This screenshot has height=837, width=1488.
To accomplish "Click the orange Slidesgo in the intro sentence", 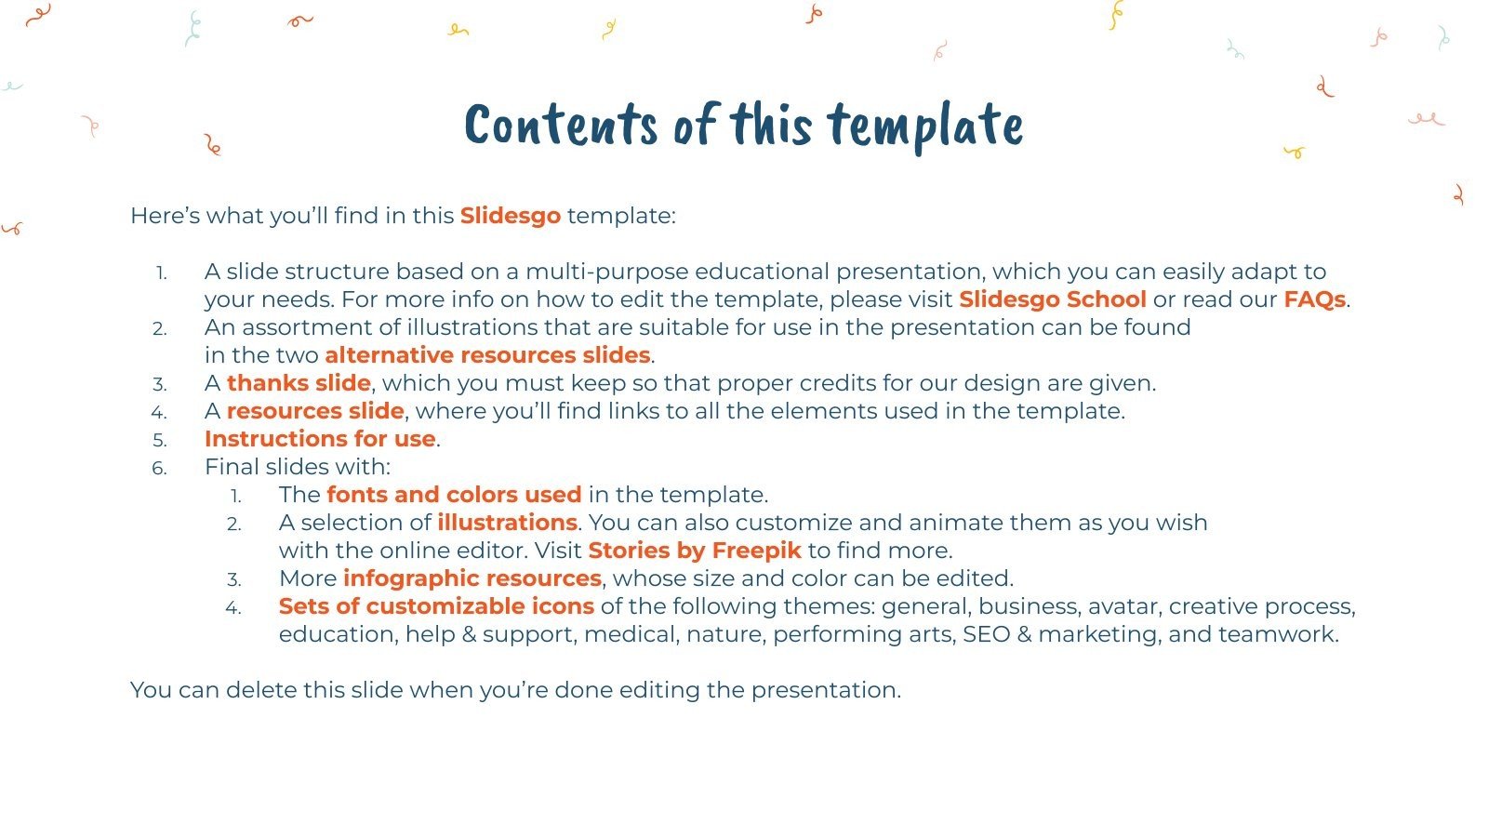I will (510, 216).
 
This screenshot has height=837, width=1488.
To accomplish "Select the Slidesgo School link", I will (1052, 299).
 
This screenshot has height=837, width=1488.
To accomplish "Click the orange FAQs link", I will (1314, 299).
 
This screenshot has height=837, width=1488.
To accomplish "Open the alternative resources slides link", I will (487, 355).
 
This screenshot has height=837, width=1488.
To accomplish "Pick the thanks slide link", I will (299, 383).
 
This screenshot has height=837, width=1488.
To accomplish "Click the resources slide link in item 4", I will (315, 411).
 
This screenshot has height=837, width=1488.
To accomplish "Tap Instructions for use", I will (320, 439).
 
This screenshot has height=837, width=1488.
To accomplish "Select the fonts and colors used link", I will (454, 495).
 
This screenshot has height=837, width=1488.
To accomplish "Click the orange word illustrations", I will (507, 523).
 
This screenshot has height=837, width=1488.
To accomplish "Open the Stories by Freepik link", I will (694, 551).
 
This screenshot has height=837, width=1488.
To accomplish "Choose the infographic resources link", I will (472, 578).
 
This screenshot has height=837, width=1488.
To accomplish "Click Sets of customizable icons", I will (436, 606).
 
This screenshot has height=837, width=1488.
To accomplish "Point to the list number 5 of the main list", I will (160, 440).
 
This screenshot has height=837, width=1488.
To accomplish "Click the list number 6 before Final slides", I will (160, 468).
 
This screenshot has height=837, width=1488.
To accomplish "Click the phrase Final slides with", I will (298, 467).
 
